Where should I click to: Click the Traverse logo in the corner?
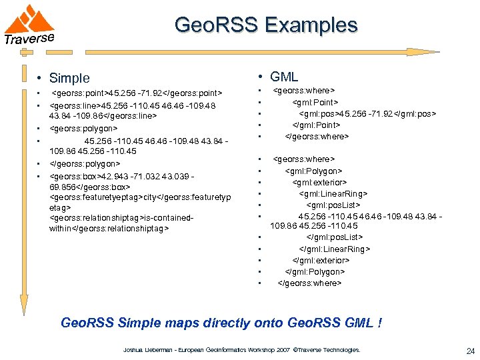click(30, 25)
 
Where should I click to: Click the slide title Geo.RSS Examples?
click(266, 26)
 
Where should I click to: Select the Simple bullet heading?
click(69, 79)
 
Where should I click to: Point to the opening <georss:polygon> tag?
click(84, 128)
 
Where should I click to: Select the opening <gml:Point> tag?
click(315, 101)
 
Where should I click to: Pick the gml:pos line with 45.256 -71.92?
click(367, 113)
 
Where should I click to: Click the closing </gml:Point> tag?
click(317, 125)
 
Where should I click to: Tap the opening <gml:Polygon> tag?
click(314, 171)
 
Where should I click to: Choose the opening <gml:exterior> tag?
click(319, 182)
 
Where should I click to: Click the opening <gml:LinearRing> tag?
click(333, 194)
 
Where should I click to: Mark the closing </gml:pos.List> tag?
click(334, 237)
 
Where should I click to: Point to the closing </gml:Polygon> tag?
click(315, 271)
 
